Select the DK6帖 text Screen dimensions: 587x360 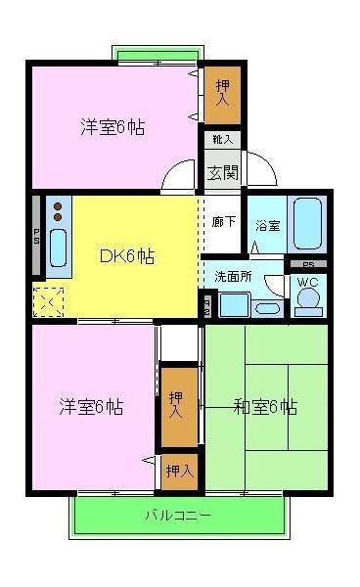[x=126, y=256]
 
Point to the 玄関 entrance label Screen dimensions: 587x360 [x=221, y=171]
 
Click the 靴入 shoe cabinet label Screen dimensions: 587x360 [x=220, y=139]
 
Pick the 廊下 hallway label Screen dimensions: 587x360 [x=223, y=221]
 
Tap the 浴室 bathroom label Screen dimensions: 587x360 [x=267, y=225]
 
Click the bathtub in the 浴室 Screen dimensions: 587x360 [x=309, y=224]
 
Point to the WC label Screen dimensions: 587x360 [x=307, y=283]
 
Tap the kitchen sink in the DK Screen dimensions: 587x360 [x=58, y=248]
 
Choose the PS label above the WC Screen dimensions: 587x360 [x=308, y=265]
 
